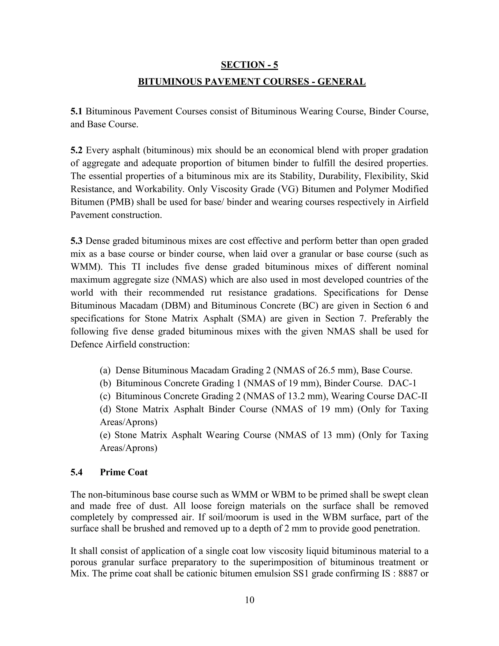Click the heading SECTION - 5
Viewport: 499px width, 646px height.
(249, 65)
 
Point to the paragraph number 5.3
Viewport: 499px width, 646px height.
(76, 241)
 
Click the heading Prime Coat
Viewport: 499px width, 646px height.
(124, 472)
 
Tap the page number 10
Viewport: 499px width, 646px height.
(249, 600)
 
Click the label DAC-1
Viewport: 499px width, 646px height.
(402, 383)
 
